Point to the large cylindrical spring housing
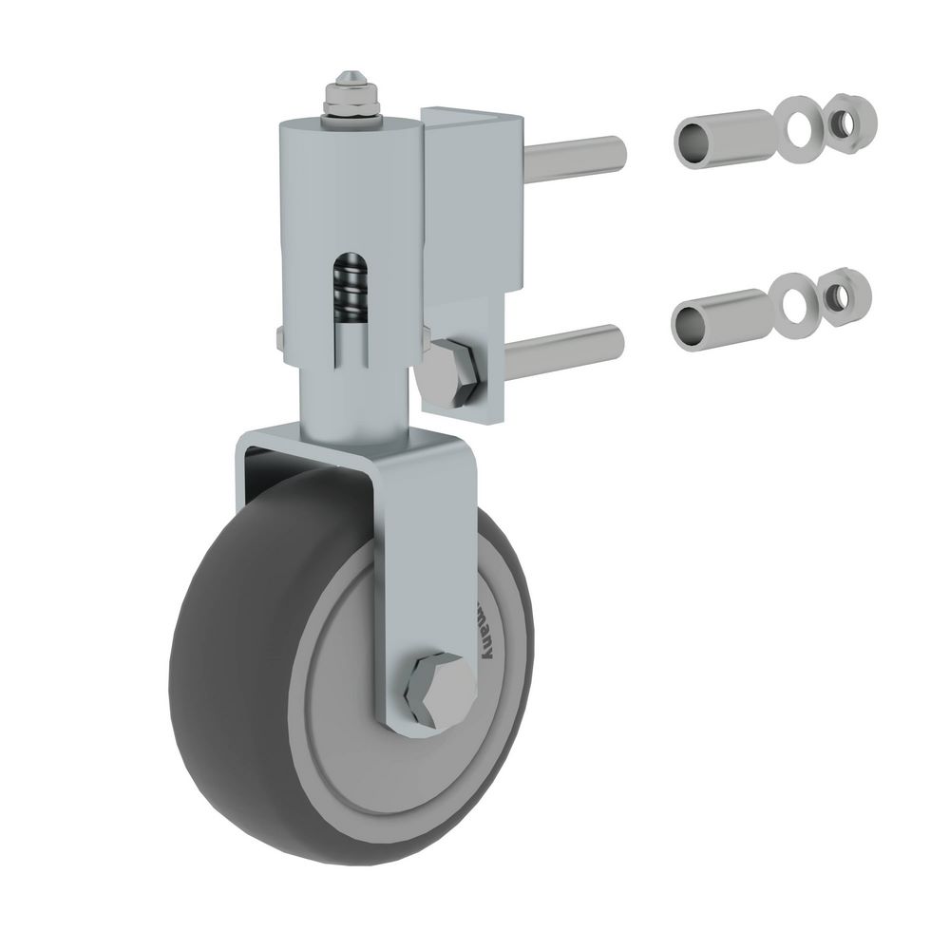pos(313,218)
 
